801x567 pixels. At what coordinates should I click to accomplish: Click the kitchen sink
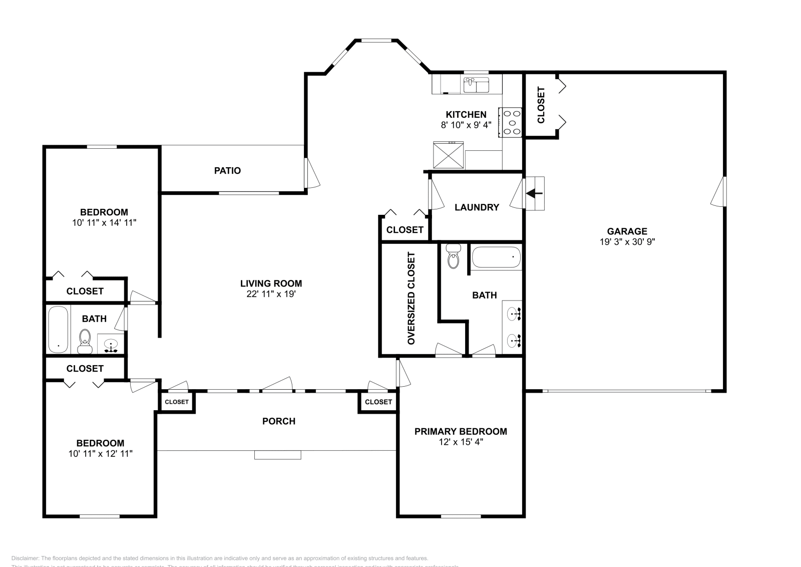click(476, 85)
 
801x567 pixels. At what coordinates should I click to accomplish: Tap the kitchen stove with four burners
click(511, 122)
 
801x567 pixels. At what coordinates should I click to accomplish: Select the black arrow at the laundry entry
click(534, 193)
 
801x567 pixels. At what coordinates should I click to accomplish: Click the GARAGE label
click(627, 231)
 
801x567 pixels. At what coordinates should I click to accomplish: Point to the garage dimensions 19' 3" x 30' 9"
click(627, 242)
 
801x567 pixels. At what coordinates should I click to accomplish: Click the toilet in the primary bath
click(453, 257)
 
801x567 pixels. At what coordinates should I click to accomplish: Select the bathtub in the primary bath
click(496, 258)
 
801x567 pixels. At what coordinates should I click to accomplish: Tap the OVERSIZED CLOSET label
click(411, 299)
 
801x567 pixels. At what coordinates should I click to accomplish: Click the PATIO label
click(227, 171)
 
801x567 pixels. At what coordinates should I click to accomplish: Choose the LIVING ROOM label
click(271, 283)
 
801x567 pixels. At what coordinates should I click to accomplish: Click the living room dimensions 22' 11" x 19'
click(271, 294)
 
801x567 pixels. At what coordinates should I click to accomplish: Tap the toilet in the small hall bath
click(85, 341)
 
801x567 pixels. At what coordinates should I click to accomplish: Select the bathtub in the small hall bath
click(58, 330)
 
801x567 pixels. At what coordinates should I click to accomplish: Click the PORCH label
click(279, 421)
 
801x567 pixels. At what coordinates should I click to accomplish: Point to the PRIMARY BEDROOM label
click(461, 431)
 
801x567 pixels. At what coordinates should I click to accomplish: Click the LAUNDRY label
click(477, 207)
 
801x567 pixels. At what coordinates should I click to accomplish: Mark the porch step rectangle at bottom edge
click(278, 455)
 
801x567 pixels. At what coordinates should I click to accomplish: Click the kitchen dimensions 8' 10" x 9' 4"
click(466, 125)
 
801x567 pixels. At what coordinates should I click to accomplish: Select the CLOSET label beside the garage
click(541, 105)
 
